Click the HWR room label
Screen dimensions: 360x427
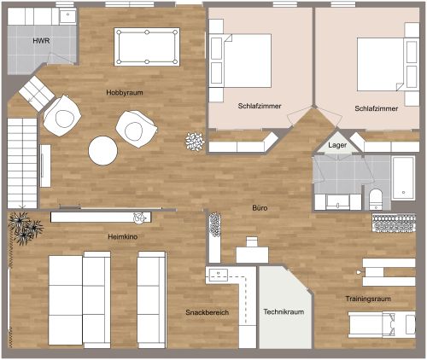41,41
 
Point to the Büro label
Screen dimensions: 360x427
260,207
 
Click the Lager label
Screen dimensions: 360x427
337,147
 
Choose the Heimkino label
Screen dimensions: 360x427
123,236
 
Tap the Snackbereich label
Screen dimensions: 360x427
208,313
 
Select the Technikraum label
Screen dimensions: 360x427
284,312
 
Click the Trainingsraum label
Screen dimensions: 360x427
368,299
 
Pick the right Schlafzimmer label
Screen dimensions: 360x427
376,109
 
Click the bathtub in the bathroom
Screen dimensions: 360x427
403,177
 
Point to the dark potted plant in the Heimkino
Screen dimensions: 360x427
24,228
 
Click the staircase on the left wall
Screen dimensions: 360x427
22,162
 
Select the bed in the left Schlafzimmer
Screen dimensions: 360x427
246,57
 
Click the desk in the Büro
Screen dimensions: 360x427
252,253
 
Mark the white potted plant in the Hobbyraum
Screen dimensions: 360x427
195,141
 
